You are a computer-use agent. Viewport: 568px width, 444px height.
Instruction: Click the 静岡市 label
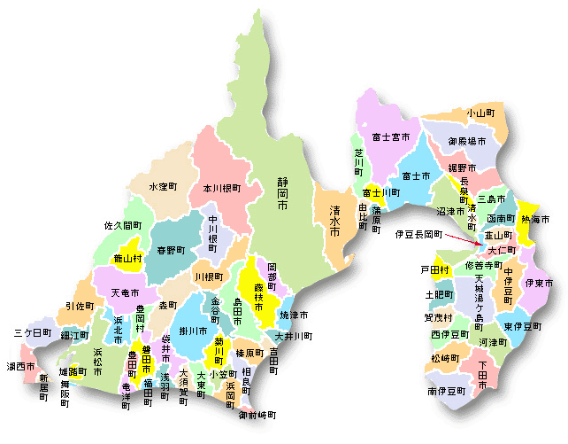tap(282, 192)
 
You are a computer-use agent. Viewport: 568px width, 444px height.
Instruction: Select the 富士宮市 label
tap(390, 137)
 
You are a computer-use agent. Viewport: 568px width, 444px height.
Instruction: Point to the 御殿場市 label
tap(465, 141)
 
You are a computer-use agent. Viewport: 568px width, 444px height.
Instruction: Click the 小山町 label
tap(480, 113)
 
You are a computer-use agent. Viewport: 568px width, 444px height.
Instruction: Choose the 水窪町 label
tap(163, 187)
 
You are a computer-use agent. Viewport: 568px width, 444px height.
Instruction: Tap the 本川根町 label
tap(221, 189)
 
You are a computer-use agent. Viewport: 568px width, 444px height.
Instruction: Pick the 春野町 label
tap(171, 251)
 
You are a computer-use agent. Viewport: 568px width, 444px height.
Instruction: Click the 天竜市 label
tap(127, 292)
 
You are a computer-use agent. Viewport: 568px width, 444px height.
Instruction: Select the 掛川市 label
tap(194, 331)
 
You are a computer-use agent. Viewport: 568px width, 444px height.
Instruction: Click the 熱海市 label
tap(535, 219)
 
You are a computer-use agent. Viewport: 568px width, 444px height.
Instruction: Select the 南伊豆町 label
tap(448, 390)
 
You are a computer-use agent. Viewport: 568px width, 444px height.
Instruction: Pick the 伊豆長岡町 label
tap(418, 234)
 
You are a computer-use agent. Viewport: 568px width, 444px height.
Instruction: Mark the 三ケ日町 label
tap(33, 333)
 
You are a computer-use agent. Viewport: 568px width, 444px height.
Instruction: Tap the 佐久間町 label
tap(124, 226)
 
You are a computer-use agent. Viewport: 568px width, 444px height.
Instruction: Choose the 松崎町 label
tap(446, 358)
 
